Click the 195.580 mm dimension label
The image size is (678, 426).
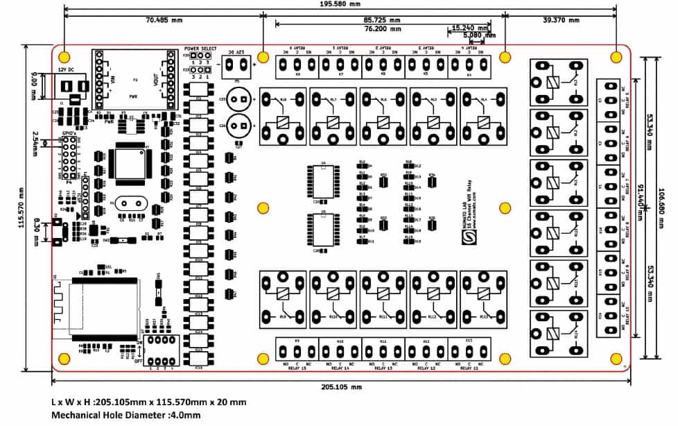[x=340, y=4]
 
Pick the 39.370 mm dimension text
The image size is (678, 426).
[x=559, y=20]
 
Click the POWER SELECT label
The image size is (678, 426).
[x=200, y=49]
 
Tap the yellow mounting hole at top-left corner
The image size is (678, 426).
[x=64, y=57]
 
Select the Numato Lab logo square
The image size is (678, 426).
[x=467, y=237]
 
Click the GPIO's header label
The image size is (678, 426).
[x=68, y=131]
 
